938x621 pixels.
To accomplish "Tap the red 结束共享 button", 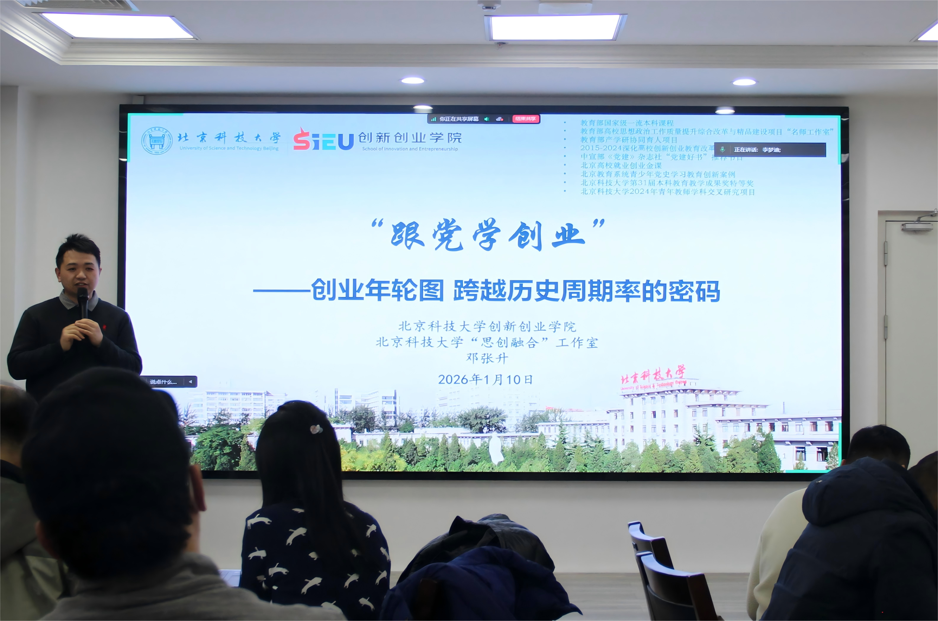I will [525, 119].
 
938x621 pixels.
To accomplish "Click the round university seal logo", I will [157, 141].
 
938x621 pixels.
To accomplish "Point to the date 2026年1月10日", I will [485, 379].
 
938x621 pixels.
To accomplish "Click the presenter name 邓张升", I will [487, 358].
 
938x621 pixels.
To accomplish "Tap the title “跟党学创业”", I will [488, 234].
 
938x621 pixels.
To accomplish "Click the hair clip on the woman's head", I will [316, 429].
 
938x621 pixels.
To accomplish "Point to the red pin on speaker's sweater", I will [105, 328].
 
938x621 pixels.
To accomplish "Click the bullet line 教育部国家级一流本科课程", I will [627, 123].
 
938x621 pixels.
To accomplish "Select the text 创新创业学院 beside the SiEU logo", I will [410, 138].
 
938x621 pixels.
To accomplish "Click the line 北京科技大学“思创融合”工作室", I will [487, 342].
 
